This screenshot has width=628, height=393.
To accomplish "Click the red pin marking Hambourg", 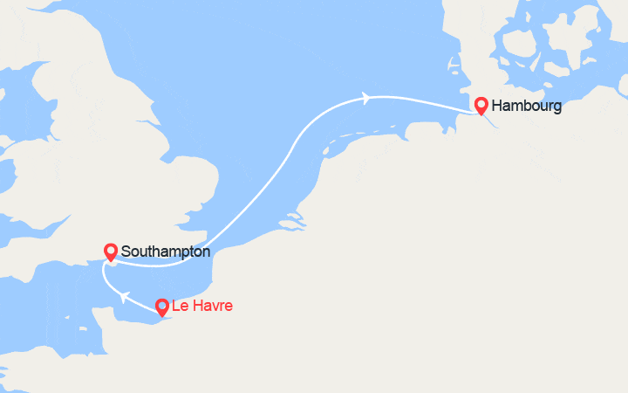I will (x=481, y=105).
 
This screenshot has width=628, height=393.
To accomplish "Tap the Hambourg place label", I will (x=526, y=107).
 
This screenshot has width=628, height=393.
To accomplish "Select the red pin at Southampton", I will (x=111, y=252).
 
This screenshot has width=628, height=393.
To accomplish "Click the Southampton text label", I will (x=166, y=252).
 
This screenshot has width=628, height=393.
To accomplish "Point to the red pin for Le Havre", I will (x=161, y=307).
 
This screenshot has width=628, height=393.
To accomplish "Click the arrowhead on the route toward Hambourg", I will (x=366, y=98).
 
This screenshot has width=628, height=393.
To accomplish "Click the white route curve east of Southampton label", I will (x=253, y=210).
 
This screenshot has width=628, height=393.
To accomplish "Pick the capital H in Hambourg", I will (x=497, y=107).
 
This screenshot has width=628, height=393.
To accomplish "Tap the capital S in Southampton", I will (x=126, y=252).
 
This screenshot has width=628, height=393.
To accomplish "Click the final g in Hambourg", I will (x=556, y=108).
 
